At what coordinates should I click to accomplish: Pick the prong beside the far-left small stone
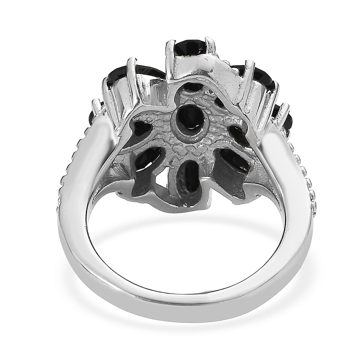[97, 105]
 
